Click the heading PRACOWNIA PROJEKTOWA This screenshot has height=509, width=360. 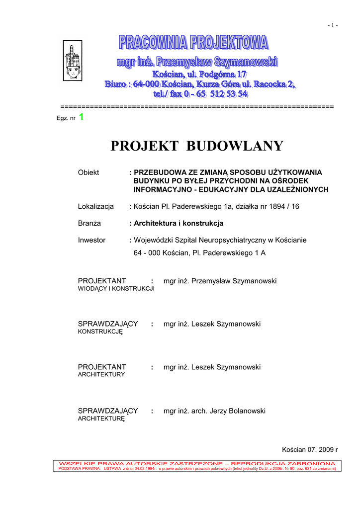pyautogui.click(x=193, y=43)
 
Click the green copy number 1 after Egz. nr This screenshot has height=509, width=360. pyautogui.click(x=82, y=117)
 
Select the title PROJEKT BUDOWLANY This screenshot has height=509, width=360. pyautogui.click(x=197, y=146)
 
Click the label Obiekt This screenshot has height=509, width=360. pyautogui.click(x=89, y=172)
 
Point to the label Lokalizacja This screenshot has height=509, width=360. pyautogui.click(x=96, y=206)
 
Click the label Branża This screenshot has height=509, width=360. pyautogui.click(x=90, y=223)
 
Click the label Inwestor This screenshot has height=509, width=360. pyautogui.click(x=92, y=240)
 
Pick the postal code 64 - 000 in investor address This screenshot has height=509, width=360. pyautogui.click(x=147, y=253)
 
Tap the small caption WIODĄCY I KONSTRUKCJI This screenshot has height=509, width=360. pyautogui.click(x=116, y=289)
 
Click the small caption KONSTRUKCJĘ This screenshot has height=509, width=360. pyautogui.click(x=100, y=332)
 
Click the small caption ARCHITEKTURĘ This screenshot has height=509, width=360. pyautogui.click(x=101, y=419)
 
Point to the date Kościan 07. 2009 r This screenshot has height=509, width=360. pyautogui.click(x=310, y=449)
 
